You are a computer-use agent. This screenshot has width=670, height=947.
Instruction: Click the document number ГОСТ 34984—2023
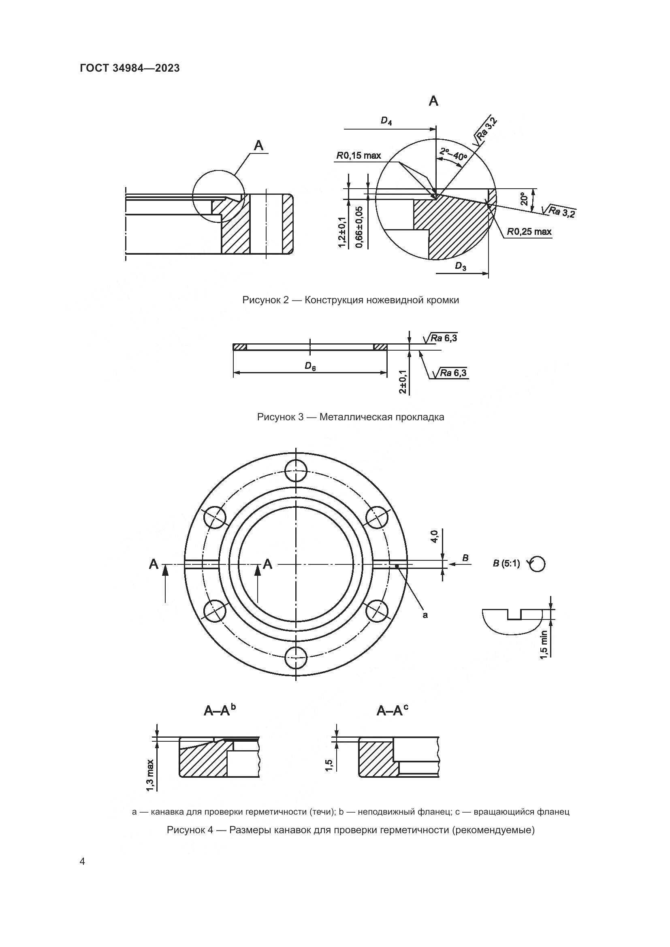[130, 68]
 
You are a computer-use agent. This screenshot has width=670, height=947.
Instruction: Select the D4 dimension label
[386, 121]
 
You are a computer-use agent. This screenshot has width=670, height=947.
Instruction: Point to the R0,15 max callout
[358, 155]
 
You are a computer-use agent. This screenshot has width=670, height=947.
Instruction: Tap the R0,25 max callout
[529, 232]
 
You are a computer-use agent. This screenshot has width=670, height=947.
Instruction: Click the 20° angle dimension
[524, 199]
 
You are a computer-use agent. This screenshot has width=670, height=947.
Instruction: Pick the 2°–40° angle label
[453, 154]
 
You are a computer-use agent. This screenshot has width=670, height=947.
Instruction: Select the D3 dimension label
[461, 266]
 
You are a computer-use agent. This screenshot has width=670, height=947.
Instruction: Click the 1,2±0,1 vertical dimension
[342, 232]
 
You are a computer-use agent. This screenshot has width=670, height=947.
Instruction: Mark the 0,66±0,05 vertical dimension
[359, 227]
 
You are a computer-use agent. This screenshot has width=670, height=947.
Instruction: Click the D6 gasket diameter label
[310, 366]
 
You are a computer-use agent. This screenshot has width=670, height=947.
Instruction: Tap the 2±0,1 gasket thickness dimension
[403, 381]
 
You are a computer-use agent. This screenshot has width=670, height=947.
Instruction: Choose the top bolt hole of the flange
[296, 470]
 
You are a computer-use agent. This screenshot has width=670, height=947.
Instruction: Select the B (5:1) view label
[506, 564]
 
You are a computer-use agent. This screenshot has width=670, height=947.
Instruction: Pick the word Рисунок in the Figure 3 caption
[274, 417]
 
